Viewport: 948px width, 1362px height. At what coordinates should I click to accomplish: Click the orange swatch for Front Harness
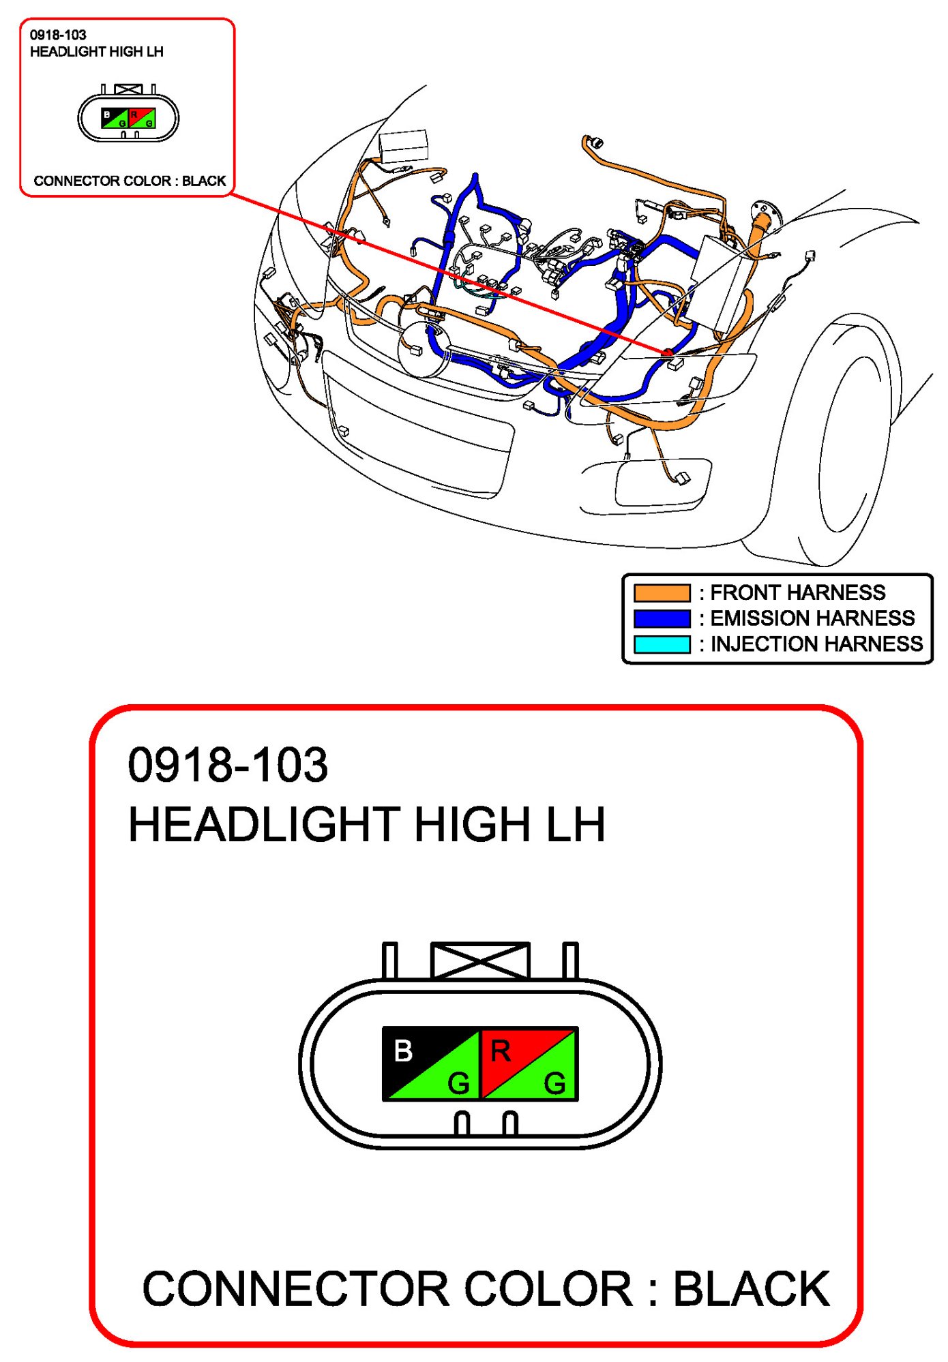pos(662,592)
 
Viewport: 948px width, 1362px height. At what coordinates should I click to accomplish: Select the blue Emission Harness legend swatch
pos(662,618)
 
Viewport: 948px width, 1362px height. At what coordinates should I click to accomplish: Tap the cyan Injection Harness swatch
pos(662,644)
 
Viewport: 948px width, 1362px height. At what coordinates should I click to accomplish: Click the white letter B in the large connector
pos(403,1050)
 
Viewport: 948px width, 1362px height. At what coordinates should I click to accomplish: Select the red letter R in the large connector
pos(501,1050)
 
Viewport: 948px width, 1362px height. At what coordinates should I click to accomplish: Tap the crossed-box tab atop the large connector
pos(480,960)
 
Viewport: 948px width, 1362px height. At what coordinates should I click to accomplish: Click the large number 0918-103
pos(228,764)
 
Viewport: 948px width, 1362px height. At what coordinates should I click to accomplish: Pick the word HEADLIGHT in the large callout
pos(264,824)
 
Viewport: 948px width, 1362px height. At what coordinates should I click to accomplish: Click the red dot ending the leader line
pos(668,352)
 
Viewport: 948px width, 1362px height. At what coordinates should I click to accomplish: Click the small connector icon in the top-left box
pos(128,114)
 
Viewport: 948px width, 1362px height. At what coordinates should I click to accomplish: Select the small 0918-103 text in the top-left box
pos(58,35)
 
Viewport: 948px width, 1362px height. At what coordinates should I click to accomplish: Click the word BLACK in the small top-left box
pos(204,181)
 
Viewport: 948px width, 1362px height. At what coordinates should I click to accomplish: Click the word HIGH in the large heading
pos(473,824)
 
